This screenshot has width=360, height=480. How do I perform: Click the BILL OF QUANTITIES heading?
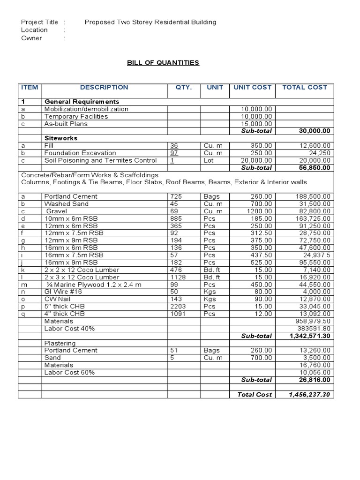pyautogui.click(x=163, y=63)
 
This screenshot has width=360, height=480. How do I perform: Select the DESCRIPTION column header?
pyautogui.click(x=104, y=87)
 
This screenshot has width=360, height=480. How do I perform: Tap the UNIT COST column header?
pyautogui.click(x=252, y=87)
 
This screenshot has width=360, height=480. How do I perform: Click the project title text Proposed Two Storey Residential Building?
pyautogui.click(x=150, y=22)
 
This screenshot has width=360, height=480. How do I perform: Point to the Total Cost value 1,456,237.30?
pyautogui.click(x=309, y=395)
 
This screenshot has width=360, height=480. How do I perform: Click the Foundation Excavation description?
pyautogui.click(x=80, y=153)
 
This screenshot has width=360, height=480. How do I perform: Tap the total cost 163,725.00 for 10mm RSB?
pyautogui.click(x=313, y=218)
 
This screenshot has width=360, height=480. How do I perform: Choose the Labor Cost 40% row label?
pyautogui.click(x=69, y=329)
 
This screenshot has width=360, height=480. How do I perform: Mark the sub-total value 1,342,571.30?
pyautogui.click(x=309, y=336)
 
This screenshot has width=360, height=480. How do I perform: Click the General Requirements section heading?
pyautogui.click(x=82, y=102)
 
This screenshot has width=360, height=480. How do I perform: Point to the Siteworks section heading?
pyautogui.click(x=60, y=138)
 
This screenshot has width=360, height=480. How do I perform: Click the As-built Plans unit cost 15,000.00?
pyautogui.click(x=256, y=124)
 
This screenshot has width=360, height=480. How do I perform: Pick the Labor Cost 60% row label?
pyautogui.click(x=69, y=372)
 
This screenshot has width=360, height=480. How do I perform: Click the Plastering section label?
pyautogui.click(x=60, y=343)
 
